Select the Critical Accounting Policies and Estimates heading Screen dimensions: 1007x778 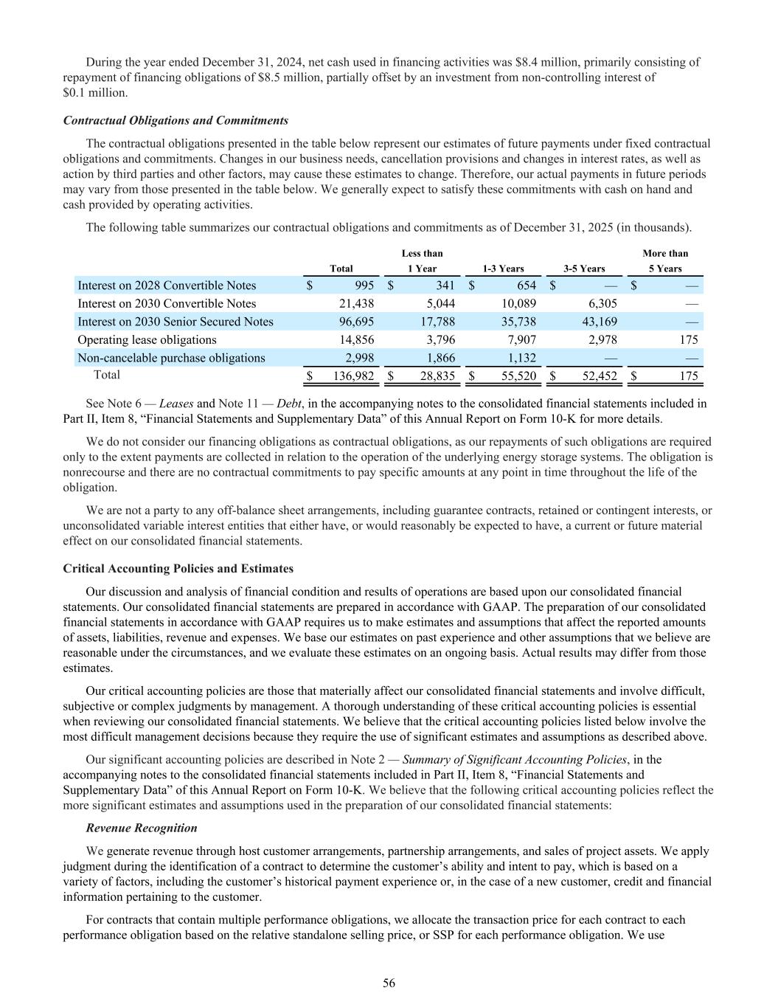coord(178,569)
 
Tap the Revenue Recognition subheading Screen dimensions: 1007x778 coord(142,828)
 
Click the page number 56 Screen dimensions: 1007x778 coord(389,983)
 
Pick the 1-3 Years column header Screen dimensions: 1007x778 coord(503,269)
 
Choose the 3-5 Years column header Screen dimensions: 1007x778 coord(584,269)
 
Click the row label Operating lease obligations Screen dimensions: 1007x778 coord(147,339)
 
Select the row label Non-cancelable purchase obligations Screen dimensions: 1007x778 coord(171,358)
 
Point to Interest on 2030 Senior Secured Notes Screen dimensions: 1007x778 coord(176,322)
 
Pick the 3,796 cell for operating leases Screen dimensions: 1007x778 coord(440,339)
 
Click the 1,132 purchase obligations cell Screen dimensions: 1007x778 coord(521,358)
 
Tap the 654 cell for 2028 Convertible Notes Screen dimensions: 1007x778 coord(525,286)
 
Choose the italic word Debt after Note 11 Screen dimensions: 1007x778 coord(287,404)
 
